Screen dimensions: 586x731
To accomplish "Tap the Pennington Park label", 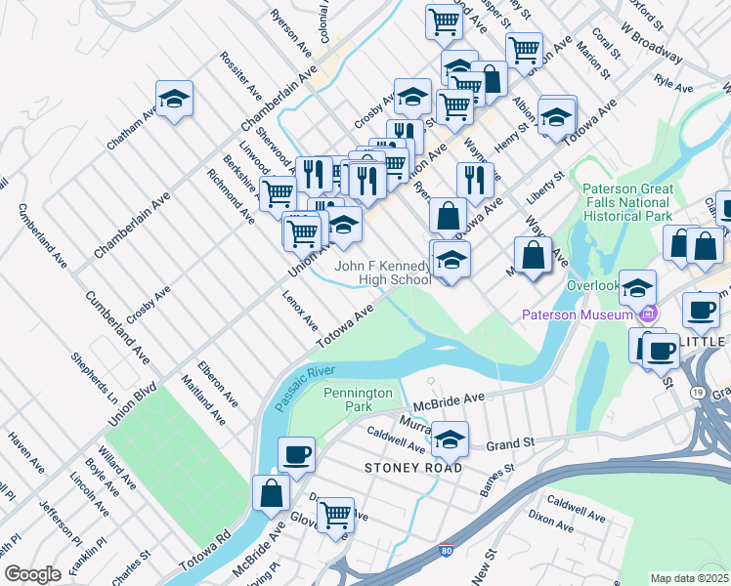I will (359, 398).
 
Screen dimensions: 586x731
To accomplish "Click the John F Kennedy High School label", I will (382, 272).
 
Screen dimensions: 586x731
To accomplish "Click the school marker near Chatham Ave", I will (174, 98).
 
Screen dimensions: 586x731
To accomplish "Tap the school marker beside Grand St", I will (450, 439).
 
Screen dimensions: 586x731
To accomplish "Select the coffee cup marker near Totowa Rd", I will (296, 453).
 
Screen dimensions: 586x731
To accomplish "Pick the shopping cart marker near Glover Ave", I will (335, 514).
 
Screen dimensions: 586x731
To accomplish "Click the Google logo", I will (32, 574).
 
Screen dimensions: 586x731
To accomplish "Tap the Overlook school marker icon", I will (637, 287).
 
